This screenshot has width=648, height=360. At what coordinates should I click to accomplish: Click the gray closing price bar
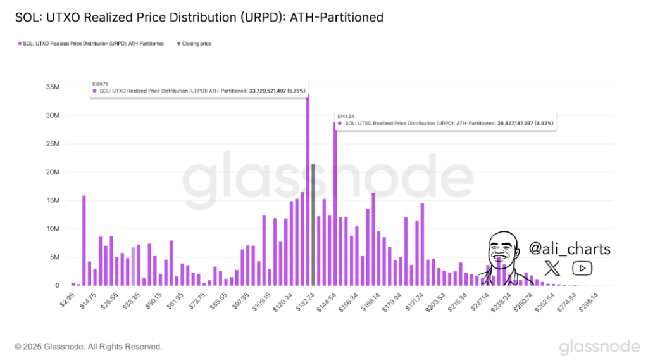[x=313, y=225]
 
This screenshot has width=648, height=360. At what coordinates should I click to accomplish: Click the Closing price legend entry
[x=196, y=44]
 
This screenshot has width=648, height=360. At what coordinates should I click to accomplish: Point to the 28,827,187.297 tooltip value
[x=514, y=123]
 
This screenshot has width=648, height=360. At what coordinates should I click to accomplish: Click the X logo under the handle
[x=552, y=268]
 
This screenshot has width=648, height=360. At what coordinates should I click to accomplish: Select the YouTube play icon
[x=582, y=268]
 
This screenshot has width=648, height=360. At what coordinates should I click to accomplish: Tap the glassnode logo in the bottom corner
[x=598, y=346]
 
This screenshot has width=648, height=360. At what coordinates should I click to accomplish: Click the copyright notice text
[x=89, y=347]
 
